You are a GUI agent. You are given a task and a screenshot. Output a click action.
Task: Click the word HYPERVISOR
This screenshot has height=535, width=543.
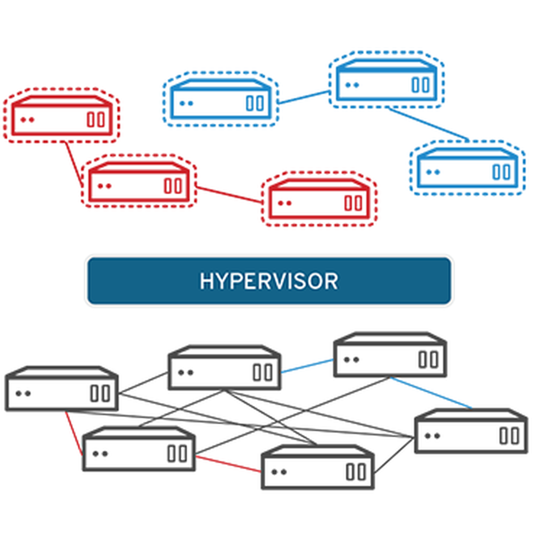(269, 281)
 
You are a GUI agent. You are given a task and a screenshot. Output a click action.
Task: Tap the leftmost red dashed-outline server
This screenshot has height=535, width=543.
(61, 116)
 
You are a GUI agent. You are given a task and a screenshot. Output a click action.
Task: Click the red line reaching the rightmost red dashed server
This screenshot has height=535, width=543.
(229, 195)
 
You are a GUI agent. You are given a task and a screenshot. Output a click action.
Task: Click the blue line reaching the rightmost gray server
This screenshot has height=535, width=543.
(432, 393)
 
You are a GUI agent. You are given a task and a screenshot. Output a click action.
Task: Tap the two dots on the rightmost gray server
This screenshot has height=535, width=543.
(432, 435)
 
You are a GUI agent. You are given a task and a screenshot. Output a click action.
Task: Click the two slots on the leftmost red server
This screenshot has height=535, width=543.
(96, 119)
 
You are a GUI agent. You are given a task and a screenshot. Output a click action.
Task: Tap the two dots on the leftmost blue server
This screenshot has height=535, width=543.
(186, 103)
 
